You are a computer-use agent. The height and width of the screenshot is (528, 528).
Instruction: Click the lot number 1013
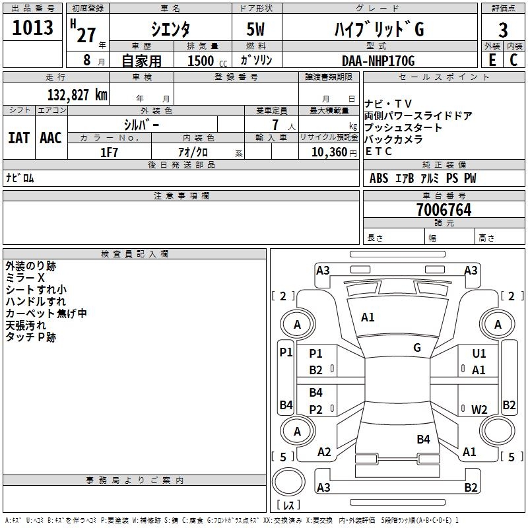pos(32,28)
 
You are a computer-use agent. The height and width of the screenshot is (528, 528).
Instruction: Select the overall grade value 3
pos(503,30)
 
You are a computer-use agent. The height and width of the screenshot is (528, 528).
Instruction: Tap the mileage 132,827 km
pos(77,94)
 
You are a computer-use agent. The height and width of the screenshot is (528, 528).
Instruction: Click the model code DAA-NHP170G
pos(378,61)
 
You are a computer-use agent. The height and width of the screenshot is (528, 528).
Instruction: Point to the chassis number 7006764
pos(444,210)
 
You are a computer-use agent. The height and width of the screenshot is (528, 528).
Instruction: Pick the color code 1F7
pos(109,152)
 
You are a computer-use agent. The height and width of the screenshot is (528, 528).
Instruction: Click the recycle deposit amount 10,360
pos(329,152)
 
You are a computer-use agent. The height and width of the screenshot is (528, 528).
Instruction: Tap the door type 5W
pos(255,29)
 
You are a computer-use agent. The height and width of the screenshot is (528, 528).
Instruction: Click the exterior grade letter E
pos(492,60)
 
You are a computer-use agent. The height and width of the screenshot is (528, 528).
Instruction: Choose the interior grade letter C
pos(513,60)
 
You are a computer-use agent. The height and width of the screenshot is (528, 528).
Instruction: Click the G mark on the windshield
pos(417,348)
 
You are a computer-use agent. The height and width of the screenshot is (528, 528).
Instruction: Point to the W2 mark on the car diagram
pos(479,409)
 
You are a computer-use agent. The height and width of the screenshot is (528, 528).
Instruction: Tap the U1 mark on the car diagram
pos(479,353)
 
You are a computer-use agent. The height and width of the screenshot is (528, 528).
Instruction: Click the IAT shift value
pos(18,138)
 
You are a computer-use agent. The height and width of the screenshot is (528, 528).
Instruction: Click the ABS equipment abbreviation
pos(379,178)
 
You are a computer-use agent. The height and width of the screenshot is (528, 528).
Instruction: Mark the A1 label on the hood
pos(368,317)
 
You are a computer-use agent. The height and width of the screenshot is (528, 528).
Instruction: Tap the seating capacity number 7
pos(275,125)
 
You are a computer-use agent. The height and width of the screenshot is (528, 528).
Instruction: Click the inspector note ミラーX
pos(25,278)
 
